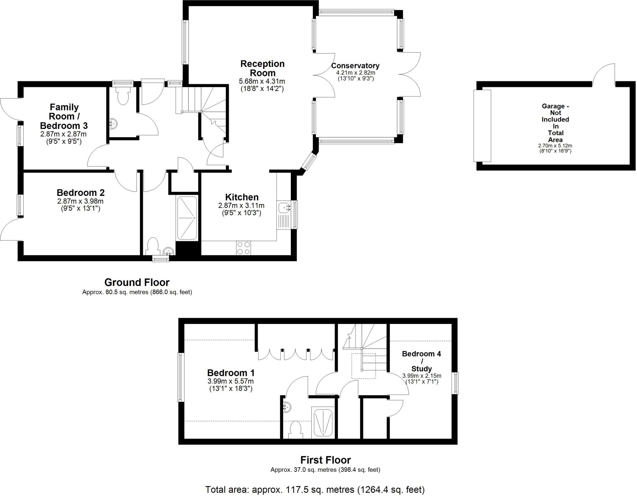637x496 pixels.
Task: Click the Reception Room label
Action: [262, 68]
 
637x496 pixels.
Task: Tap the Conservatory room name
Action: [355, 66]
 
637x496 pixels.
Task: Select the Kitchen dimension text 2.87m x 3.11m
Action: [241, 206]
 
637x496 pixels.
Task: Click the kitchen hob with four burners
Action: [243, 248]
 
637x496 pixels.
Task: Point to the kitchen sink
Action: [284, 207]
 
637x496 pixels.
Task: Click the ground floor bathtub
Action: [187, 218]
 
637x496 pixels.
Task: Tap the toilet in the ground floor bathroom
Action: [153, 246]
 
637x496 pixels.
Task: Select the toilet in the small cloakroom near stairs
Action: [123, 96]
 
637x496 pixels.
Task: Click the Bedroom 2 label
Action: [81, 192]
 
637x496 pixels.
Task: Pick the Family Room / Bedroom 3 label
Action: [64, 116]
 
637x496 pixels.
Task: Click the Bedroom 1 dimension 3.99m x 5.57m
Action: [230, 381]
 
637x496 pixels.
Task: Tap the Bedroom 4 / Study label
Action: [421, 361]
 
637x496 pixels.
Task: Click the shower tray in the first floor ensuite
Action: [323, 422]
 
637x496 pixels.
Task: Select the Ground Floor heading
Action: [137, 282]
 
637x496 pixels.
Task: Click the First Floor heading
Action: [325, 460]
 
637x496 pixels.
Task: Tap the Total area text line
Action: [315, 489]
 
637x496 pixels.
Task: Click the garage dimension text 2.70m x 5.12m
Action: [555, 146]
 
